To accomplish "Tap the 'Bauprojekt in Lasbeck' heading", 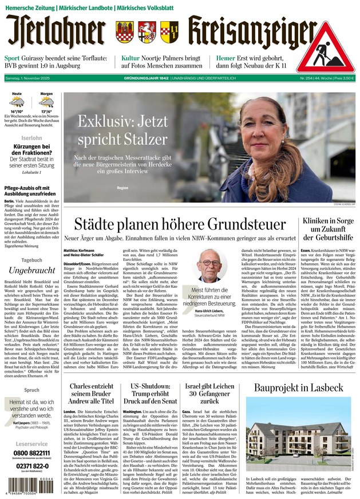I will (x=298, y=388).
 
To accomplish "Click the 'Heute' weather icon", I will (x=17, y=103).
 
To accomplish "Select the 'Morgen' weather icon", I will (x=46, y=103).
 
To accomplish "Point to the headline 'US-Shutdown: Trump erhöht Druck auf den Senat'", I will (x=147, y=393).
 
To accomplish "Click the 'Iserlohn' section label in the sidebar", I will (x=31, y=138).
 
